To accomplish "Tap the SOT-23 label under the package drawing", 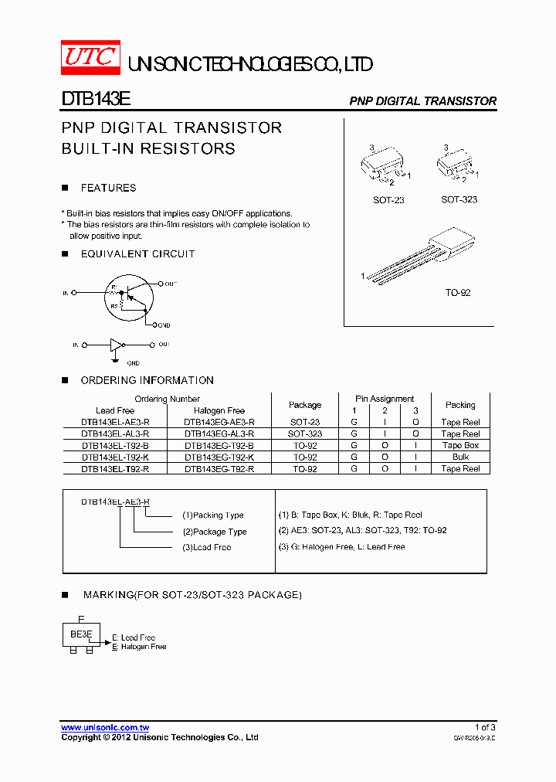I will click(388, 200).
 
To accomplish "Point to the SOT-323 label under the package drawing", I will click(459, 199).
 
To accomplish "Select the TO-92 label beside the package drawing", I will click(458, 293).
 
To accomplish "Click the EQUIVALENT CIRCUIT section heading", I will click(137, 254).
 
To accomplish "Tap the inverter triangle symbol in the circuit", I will click(116, 345).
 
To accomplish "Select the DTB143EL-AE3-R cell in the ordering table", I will click(115, 423).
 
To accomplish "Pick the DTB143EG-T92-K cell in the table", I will click(219, 457).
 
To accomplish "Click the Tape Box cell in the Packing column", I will click(460, 446).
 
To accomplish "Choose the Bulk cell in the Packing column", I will click(460, 457).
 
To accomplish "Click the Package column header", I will click(305, 405).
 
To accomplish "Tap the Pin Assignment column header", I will click(385, 399).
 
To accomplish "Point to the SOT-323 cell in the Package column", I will click(305, 434).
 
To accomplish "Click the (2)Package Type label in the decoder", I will click(215, 532).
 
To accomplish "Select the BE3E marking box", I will click(81, 634).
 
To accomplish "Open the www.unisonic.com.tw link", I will click(105, 728).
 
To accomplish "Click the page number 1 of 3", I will click(485, 728).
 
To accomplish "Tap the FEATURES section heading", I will click(108, 189).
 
